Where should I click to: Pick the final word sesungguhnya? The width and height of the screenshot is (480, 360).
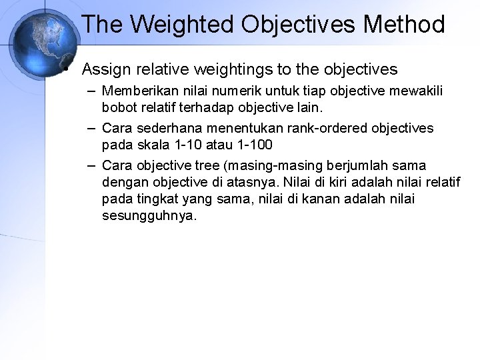(x=150, y=216)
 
